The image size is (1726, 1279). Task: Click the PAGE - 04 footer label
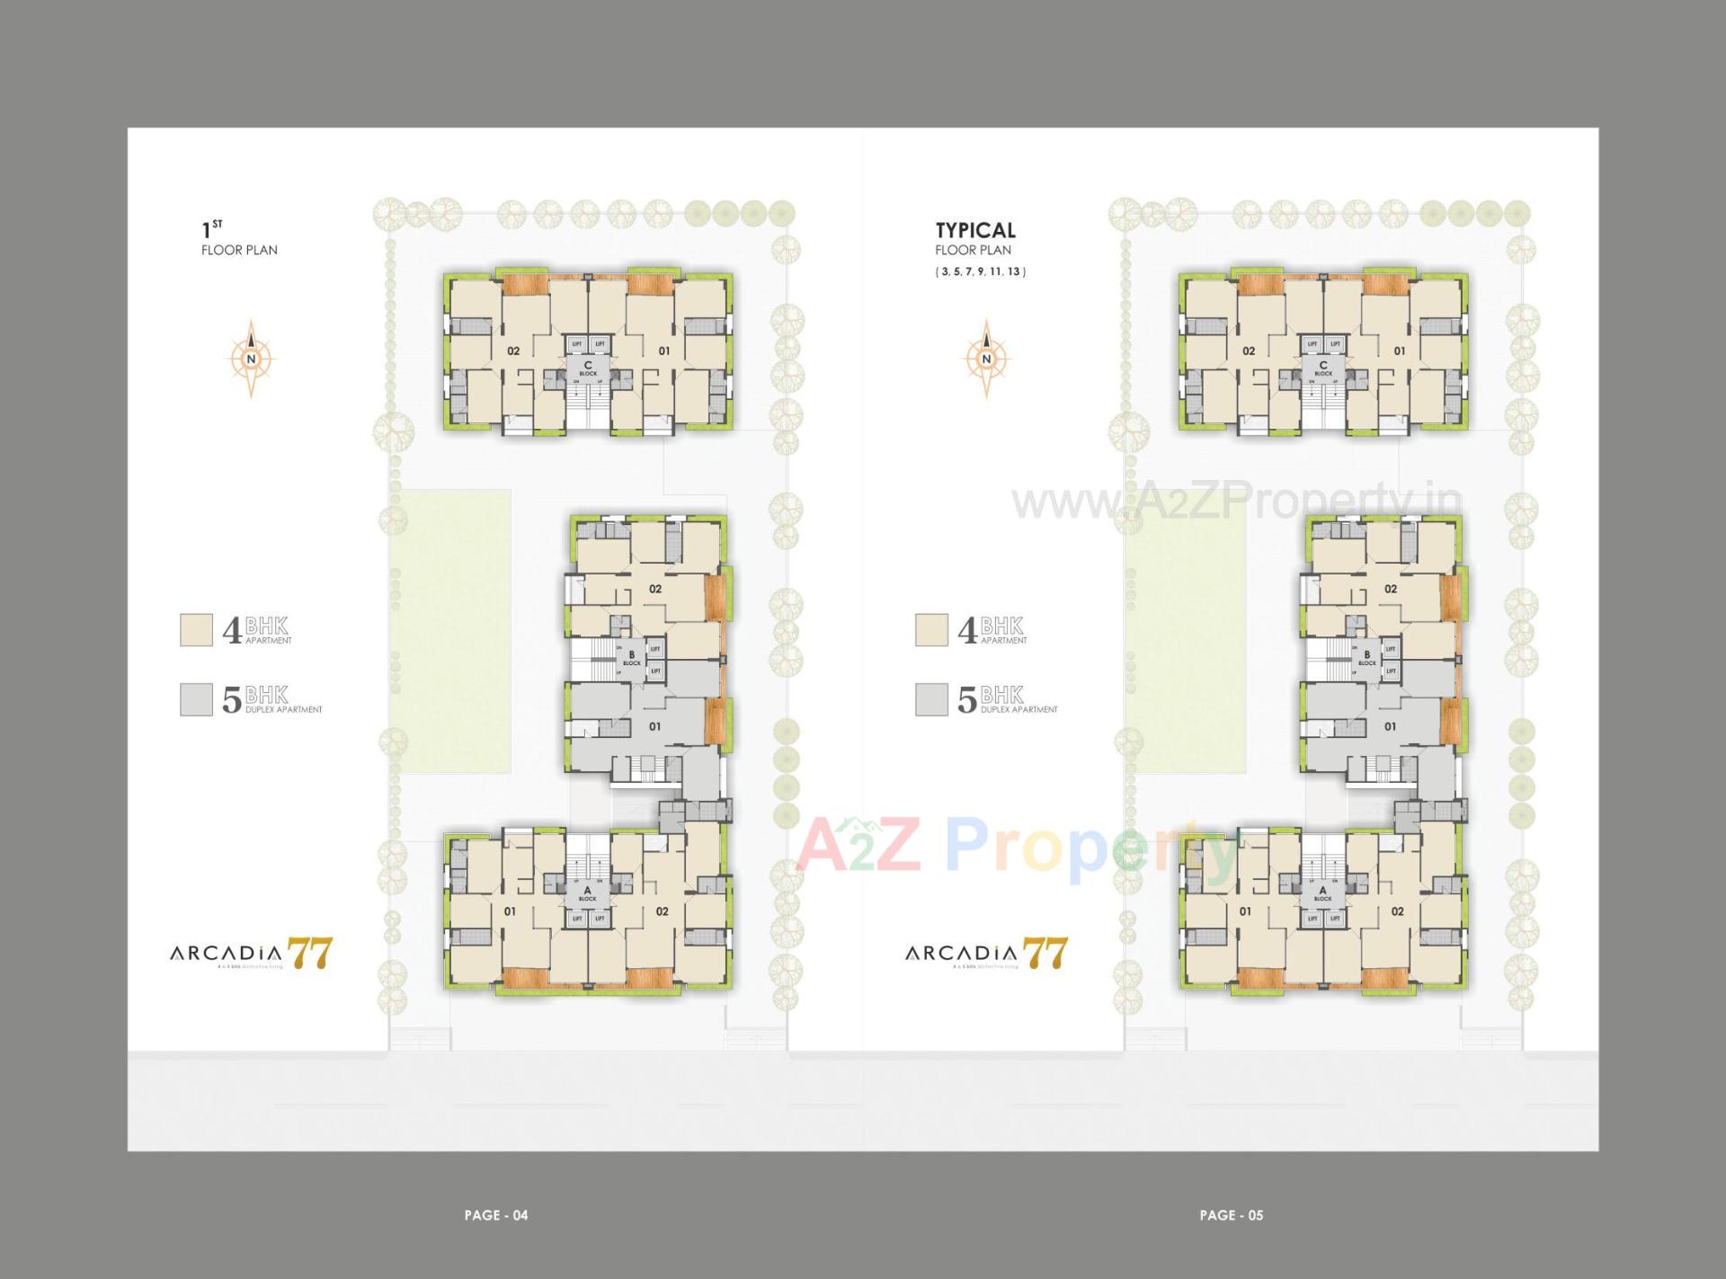coord(495,1215)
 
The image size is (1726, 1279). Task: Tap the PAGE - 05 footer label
coord(1231,1215)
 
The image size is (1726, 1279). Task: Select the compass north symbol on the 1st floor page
coord(251,359)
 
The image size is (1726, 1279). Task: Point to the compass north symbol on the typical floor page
coord(986,359)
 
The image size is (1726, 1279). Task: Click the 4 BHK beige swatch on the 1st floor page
coord(196,630)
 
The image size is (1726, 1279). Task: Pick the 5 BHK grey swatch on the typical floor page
coord(931,699)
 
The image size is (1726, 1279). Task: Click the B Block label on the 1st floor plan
coord(632,658)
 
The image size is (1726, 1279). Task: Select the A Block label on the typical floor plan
coord(1322,893)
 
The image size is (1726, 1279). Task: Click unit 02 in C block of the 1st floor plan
coord(513,351)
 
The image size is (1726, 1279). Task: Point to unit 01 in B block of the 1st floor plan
coord(654,726)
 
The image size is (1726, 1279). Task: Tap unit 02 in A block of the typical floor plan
coord(1397,911)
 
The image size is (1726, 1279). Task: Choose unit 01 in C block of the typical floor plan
coord(1399,351)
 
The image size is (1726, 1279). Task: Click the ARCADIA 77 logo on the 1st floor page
coord(251,953)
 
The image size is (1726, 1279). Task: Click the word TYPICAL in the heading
coord(975,230)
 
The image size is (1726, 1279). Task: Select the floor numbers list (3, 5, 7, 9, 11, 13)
coord(980,271)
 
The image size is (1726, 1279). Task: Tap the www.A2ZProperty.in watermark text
coord(1236,502)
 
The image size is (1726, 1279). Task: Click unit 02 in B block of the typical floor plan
coord(1390,589)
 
